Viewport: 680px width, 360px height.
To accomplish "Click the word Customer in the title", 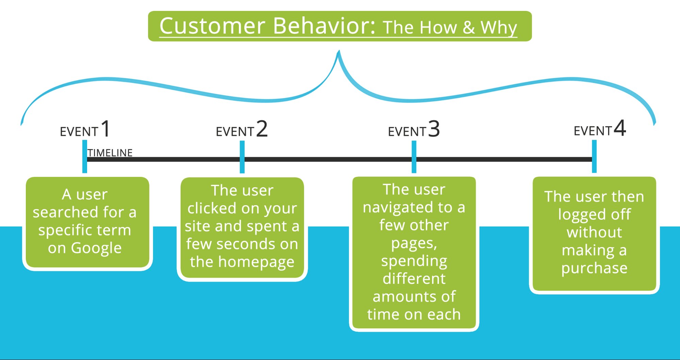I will pos(212,26).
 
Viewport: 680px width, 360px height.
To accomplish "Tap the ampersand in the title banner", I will pos(468,27).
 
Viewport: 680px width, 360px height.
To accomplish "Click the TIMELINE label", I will pos(110,153).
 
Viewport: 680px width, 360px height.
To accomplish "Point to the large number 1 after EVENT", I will pos(105,129).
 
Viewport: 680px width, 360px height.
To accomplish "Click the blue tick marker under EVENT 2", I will pos(242,157).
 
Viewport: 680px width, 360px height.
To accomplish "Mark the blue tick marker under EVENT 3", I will pos(414,157).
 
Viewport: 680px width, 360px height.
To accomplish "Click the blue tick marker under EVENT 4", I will pos(594,156).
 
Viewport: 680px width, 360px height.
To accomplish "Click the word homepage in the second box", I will pos(256,262).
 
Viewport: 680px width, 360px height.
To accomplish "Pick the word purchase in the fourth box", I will pos(594,268).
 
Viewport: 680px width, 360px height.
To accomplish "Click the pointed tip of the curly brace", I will pos(339,52).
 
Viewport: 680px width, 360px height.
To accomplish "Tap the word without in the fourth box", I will pos(594,232).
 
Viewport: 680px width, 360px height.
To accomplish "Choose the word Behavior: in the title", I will pos(324,26).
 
